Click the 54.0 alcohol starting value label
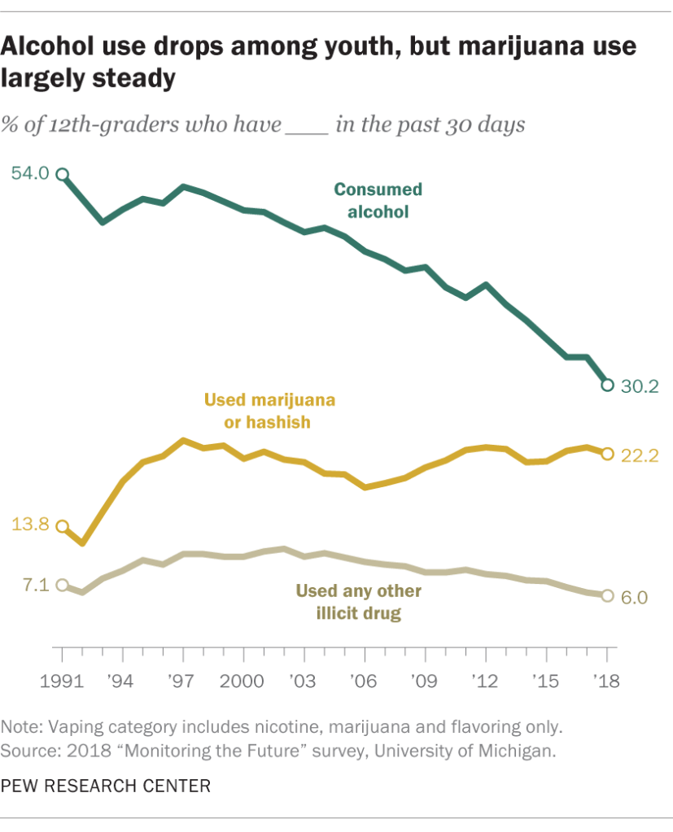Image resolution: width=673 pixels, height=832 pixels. (x=30, y=173)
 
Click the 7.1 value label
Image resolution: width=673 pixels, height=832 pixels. (x=35, y=584)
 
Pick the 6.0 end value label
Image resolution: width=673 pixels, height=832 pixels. (x=635, y=598)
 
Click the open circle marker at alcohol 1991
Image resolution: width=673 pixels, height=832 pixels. (x=62, y=174)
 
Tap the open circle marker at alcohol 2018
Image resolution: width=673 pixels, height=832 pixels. (x=607, y=385)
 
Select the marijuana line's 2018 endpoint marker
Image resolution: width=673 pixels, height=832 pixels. (x=607, y=454)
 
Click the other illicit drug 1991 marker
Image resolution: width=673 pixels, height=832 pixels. (x=62, y=586)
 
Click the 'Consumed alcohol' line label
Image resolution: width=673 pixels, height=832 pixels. (x=378, y=200)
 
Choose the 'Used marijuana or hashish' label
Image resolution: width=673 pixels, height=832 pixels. (x=269, y=411)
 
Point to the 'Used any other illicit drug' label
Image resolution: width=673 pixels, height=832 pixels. (x=360, y=602)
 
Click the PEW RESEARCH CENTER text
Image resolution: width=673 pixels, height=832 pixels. (x=106, y=786)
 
